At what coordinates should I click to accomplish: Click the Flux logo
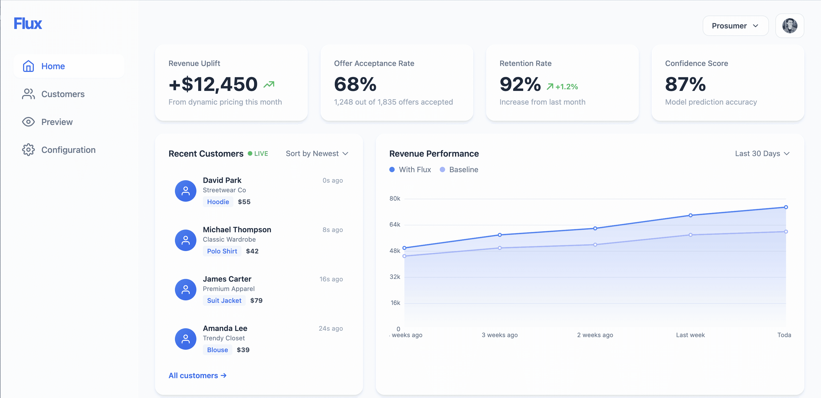tap(28, 24)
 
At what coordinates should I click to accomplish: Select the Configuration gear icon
tap(28, 150)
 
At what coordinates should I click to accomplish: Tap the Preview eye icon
tap(28, 122)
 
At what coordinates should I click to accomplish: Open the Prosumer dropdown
tap(735, 26)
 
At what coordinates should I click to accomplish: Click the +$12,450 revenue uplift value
tap(213, 84)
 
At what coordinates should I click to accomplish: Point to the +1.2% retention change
tap(566, 87)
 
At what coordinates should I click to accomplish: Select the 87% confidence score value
tap(685, 84)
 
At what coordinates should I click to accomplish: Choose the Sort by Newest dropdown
tap(317, 154)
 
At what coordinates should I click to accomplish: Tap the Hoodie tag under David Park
tap(218, 202)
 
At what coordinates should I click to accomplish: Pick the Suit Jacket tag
tap(224, 300)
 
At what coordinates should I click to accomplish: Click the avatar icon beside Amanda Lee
tap(185, 339)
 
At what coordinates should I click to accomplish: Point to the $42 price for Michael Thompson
tap(252, 251)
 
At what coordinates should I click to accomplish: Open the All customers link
tap(197, 375)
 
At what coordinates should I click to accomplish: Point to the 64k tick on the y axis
tap(395, 225)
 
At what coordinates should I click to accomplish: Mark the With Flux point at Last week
tap(690, 215)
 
